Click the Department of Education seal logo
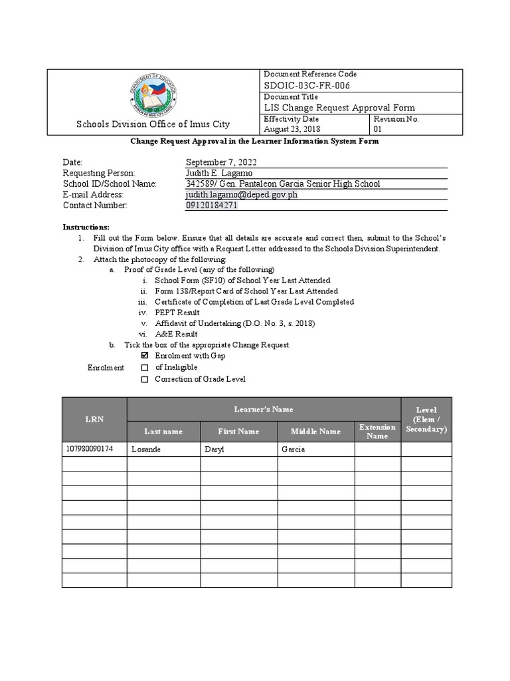click(x=153, y=94)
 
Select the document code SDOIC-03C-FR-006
click(x=307, y=86)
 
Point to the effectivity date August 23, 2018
click(x=292, y=129)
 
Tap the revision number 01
click(x=379, y=129)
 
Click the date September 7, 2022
click(x=221, y=162)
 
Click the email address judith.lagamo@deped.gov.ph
click(x=241, y=195)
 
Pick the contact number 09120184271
click(x=212, y=205)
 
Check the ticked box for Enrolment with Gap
click(x=145, y=356)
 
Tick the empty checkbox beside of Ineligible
click(x=145, y=368)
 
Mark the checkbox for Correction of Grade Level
click(x=145, y=380)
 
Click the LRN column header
click(x=94, y=419)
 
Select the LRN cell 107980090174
click(x=90, y=450)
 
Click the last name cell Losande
click(x=146, y=450)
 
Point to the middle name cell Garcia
click(x=293, y=450)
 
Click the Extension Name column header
click(x=377, y=432)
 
